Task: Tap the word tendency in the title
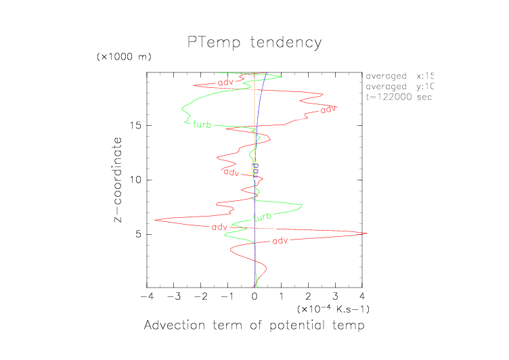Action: pyautogui.click(x=285, y=43)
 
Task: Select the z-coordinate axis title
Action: pyautogui.click(x=118, y=181)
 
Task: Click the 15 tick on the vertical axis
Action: pyautogui.click(x=135, y=125)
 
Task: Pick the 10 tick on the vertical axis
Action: pyautogui.click(x=135, y=180)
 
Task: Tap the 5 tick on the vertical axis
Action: pyautogui.click(x=137, y=234)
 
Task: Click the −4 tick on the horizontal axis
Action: pyautogui.click(x=145, y=296)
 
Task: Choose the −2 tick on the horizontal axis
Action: pyautogui.click(x=199, y=296)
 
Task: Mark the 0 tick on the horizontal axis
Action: pyautogui.click(x=255, y=296)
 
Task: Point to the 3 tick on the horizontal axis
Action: pyautogui.click(x=335, y=296)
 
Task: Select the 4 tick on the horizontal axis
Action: pyautogui.click(x=362, y=296)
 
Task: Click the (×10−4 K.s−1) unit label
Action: pyautogui.click(x=333, y=309)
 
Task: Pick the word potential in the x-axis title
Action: pyautogui.click(x=302, y=326)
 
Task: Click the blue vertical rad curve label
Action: pyautogui.click(x=255, y=168)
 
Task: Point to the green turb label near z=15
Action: pyautogui.click(x=202, y=124)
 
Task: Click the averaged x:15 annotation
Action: pyautogui.click(x=399, y=76)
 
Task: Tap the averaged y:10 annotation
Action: pyautogui.click(x=399, y=87)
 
